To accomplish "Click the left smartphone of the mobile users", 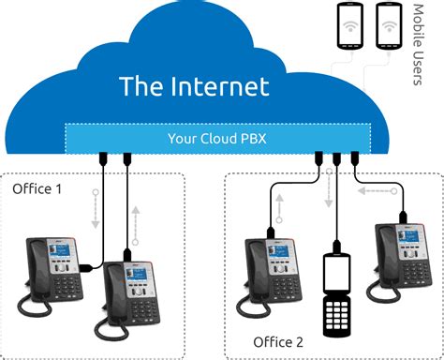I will pyautogui.click(x=350, y=29).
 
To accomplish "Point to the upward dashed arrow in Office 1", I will pyautogui.click(x=137, y=220).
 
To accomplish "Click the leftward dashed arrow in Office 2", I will pyautogui.click(x=376, y=190).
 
